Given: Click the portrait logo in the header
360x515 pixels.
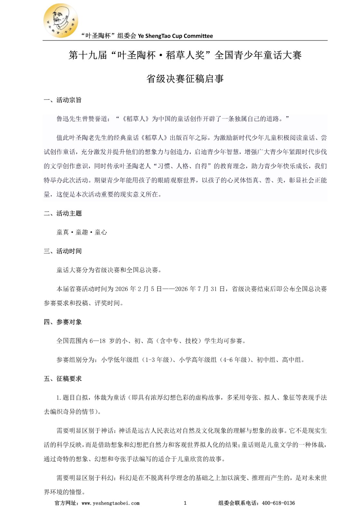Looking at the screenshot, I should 60,21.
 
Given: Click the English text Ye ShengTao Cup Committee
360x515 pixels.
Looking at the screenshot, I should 175,36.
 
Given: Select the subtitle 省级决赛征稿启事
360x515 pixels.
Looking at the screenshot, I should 185,79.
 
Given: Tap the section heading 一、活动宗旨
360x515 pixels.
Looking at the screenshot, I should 63,100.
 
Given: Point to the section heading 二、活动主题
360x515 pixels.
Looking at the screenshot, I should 63,213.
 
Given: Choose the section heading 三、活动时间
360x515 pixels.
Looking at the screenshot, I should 63,251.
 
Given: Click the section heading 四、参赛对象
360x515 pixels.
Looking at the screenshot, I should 63,322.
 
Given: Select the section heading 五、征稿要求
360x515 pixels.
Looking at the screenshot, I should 63,379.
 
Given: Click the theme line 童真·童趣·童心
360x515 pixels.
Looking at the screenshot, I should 82,232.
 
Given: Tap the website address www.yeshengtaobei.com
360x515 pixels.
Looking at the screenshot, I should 111,503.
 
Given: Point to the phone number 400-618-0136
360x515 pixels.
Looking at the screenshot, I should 278,503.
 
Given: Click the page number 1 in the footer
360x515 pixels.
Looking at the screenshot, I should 185,503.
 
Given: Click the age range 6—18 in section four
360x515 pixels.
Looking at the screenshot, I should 97,341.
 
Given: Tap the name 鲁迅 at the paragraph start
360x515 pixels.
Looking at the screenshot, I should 63,119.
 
